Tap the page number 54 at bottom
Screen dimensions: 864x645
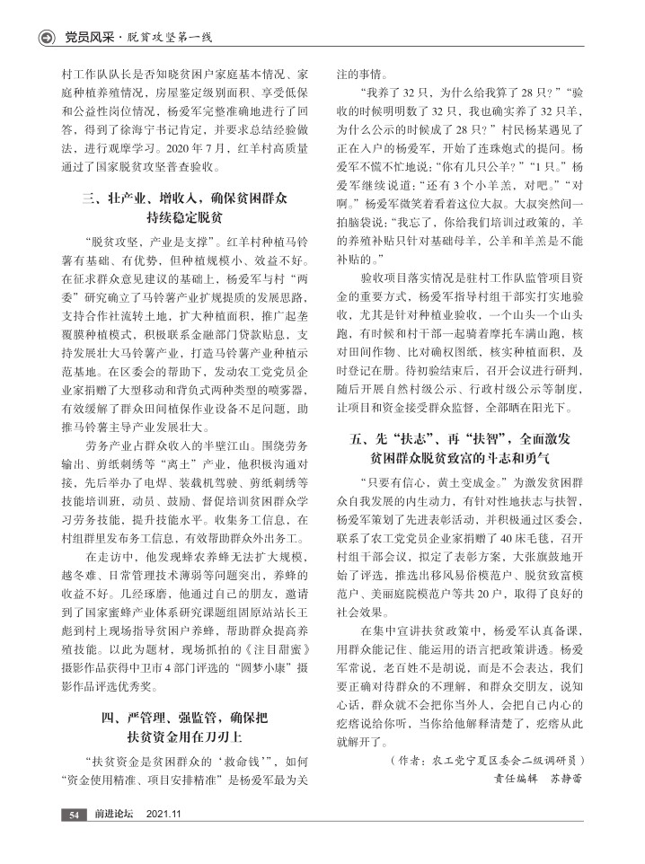pos(71,814)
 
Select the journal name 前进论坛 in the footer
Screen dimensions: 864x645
pos(115,814)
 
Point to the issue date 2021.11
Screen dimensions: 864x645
pos(164,814)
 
